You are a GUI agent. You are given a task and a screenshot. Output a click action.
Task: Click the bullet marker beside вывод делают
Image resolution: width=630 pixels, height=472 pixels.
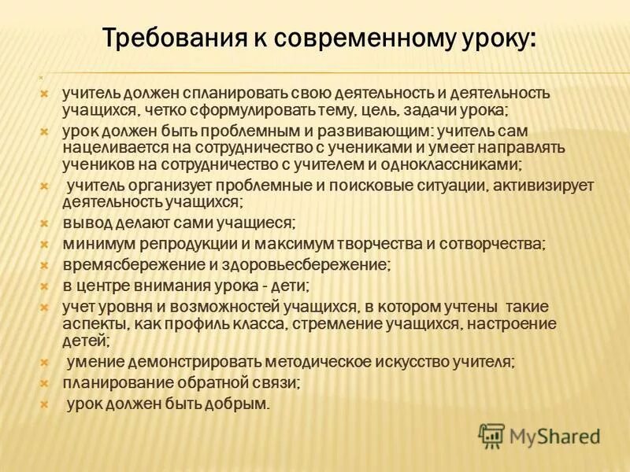[x=46, y=224]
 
